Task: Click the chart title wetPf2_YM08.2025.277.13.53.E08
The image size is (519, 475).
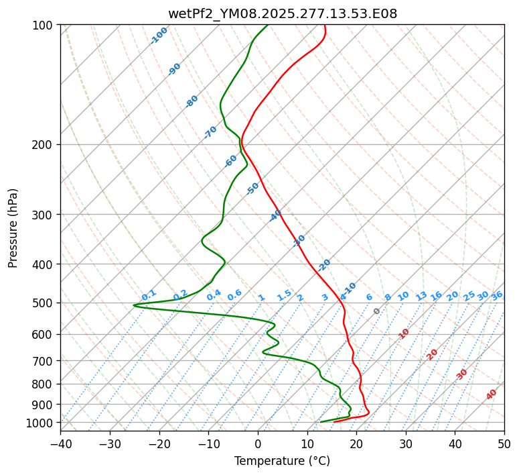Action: coord(282,14)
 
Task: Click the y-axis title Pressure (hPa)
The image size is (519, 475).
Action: coord(13,227)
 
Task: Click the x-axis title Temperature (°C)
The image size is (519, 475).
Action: coord(282,461)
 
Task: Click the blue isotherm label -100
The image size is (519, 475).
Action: coord(159,36)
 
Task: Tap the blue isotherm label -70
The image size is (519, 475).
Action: coord(210,132)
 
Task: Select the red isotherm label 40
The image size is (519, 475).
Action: coord(492,394)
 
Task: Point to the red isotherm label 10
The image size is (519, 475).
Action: coord(404,333)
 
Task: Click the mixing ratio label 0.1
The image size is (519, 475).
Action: coord(149,295)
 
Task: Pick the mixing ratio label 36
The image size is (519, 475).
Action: coord(497,295)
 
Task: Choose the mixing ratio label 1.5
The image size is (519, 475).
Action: coord(284,295)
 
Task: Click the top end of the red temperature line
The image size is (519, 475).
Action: coord(324,25)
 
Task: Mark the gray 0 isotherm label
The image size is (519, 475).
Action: coord(377,311)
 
